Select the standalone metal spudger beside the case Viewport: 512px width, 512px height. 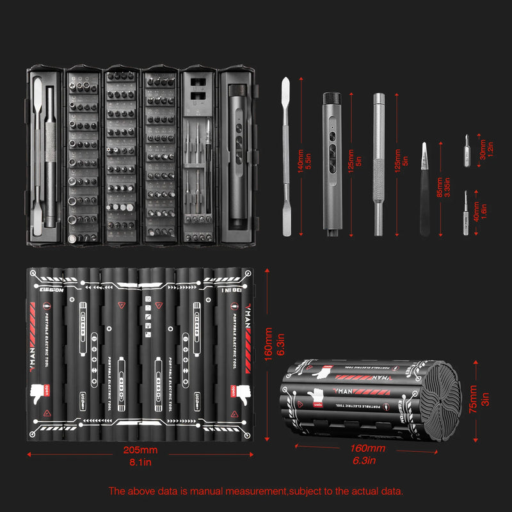pyautogui.click(x=287, y=156)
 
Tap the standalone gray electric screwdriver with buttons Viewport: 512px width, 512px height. pyautogui.click(x=335, y=163)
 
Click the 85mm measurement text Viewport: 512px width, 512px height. pyautogui.click(x=439, y=188)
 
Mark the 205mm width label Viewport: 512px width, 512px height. pyautogui.click(x=140, y=450)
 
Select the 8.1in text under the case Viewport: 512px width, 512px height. pyautogui.click(x=140, y=461)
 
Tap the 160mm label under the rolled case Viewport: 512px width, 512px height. pyautogui.click(x=367, y=449)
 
